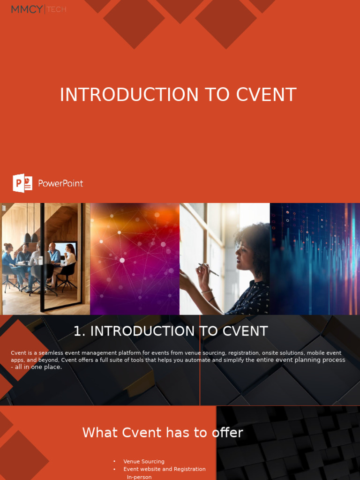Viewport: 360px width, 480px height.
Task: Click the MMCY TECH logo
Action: click(x=38, y=9)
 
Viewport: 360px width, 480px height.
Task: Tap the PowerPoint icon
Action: click(x=22, y=183)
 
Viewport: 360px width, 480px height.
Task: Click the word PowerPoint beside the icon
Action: click(x=60, y=183)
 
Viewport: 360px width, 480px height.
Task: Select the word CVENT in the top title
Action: click(x=266, y=95)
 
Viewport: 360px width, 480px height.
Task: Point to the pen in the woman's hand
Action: click(x=208, y=270)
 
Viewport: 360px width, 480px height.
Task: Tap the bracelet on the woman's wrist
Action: click(x=207, y=291)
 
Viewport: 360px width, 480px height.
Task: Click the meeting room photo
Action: click(x=45, y=259)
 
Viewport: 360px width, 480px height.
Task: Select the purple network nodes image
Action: click(x=135, y=259)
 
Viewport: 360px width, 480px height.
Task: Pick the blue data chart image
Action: click(x=315, y=259)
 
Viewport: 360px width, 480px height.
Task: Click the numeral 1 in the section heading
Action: click(x=78, y=331)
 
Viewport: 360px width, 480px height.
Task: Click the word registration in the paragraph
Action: click(x=244, y=353)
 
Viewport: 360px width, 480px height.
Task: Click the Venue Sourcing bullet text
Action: click(x=143, y=462)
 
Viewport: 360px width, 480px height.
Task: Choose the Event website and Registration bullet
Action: click(x=164, y=469)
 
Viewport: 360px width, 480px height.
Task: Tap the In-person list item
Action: click(x=139, y=477)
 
